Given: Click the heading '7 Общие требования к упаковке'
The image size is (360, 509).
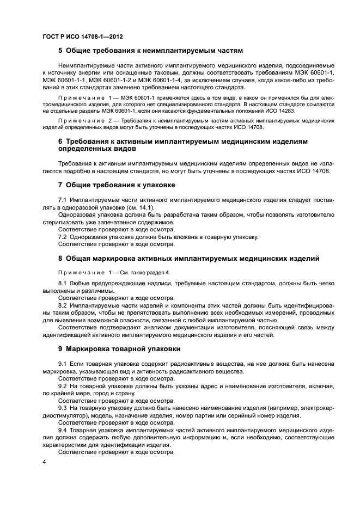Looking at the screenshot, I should point(116,185).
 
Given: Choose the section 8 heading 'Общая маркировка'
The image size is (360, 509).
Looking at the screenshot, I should point(188,257).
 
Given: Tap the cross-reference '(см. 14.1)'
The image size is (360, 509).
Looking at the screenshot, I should point(140,207).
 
